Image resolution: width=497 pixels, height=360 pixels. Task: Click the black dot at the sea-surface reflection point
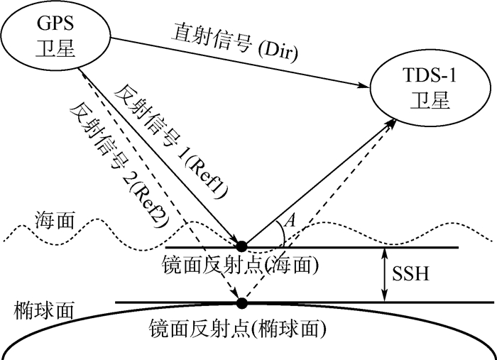point(242,246)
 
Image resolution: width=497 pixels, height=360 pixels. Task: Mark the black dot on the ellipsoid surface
point(242,303)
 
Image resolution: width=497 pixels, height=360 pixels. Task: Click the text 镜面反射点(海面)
point(242,266)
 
